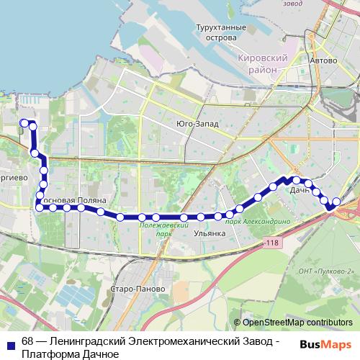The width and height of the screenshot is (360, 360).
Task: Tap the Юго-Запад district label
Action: click(x=197, y=123)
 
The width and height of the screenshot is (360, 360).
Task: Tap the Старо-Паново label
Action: click(x=143, y=289)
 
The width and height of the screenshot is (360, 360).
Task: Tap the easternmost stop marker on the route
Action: click(x=336, y=202)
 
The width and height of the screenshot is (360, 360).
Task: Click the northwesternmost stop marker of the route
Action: click(x=24, y=123)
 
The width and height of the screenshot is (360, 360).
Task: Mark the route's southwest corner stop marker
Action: click(x=40, y=208)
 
